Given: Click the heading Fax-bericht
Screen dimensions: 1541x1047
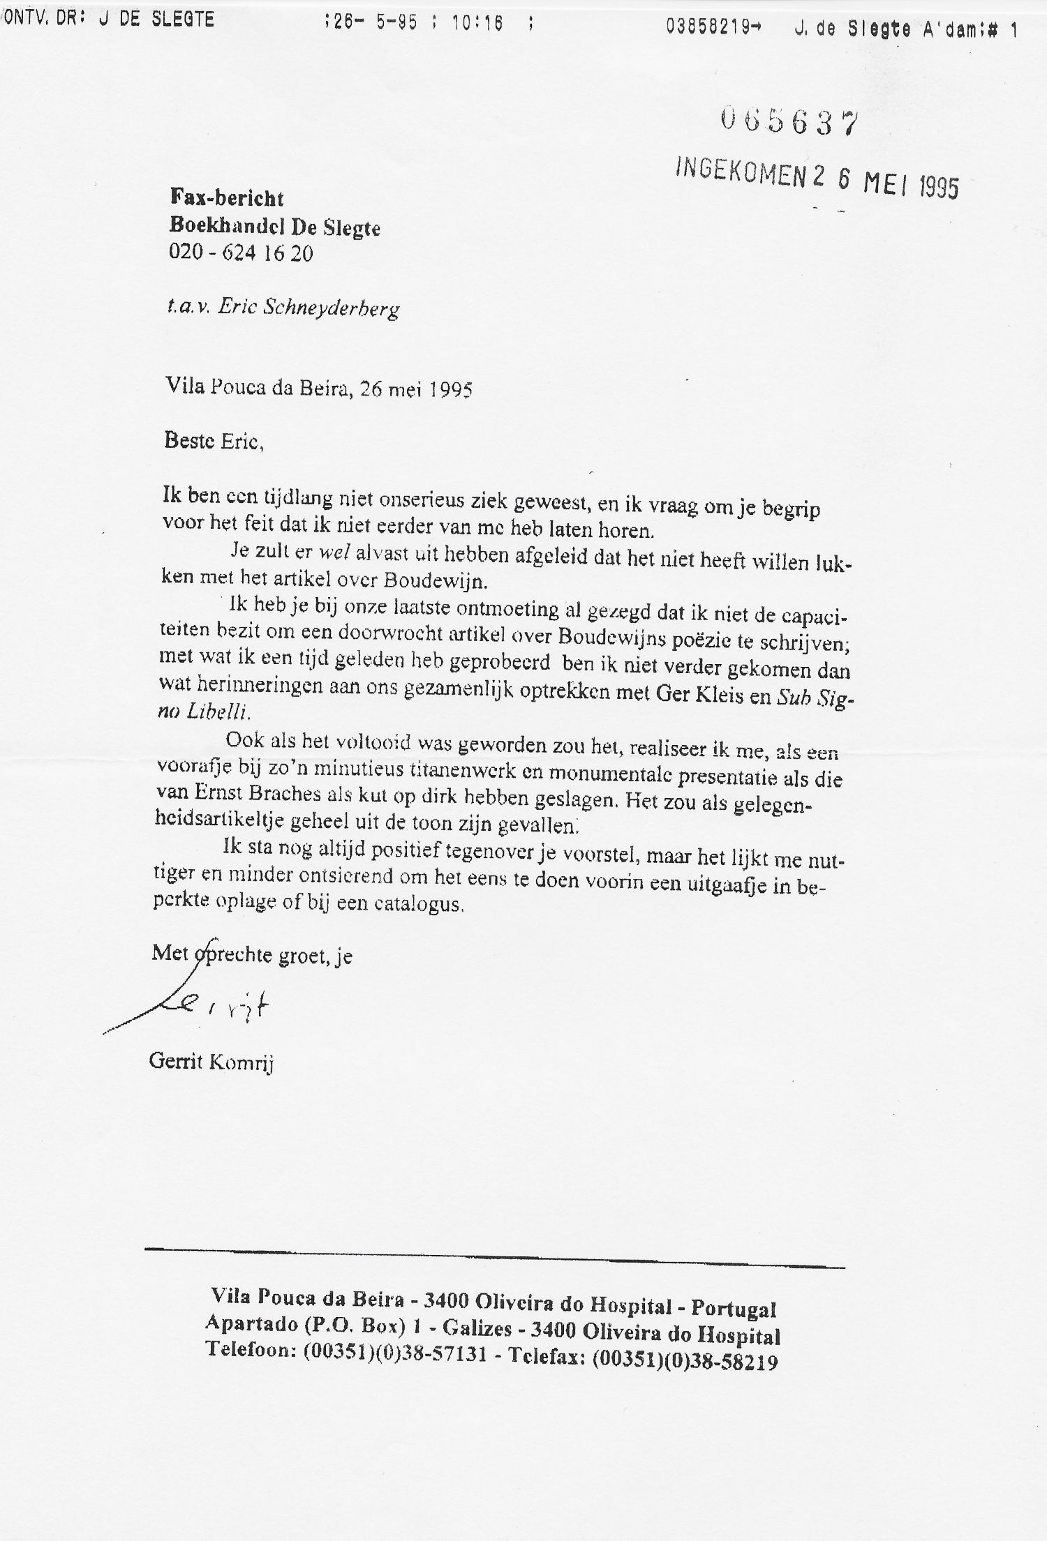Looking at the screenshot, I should pyautogui.click(x=227, y=198).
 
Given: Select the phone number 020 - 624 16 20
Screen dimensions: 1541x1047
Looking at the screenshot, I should pyautogui.click(x=241, y=253).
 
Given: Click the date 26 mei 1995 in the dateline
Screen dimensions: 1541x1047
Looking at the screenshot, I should pyautogui.click(x=416, y=389).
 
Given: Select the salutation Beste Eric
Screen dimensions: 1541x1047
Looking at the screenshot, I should pyautogui.click(x=214, y=442).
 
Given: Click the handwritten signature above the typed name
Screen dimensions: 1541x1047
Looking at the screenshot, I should pyautogui.click(x=209, y=1007).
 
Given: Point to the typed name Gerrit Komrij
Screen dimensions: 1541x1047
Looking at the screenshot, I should pyautogui.click(x=211, y=1063).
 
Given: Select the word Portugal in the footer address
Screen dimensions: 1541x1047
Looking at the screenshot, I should pyautogui.click(x=736, y=1309).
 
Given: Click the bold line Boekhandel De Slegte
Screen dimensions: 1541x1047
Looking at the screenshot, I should pyautogui.click(x=275, y=226).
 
